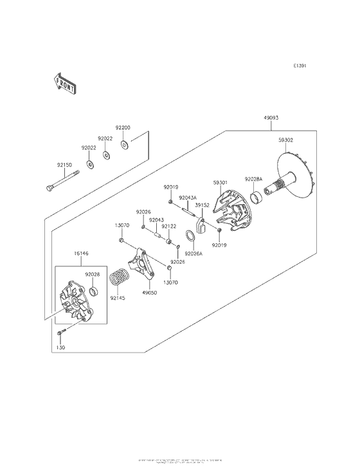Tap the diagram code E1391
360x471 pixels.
(x=300, y=66)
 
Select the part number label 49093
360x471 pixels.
(x=271, y=118)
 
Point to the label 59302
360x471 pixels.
(x=287, y=140)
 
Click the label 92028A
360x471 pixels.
(x=253, y=179)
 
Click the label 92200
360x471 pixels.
(x=123, y=127)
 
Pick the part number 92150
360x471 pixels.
(x=64, y=165)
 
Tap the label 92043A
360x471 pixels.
(x=188, y=198)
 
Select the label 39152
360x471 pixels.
(x=203, y=205)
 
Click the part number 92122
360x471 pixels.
(x=169, y=226)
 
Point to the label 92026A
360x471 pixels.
(x=194, y=254)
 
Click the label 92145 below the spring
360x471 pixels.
(x=116, y=299)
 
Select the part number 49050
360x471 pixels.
(x=150, y=293)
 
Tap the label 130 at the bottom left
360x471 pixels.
(x=60, y=347)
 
